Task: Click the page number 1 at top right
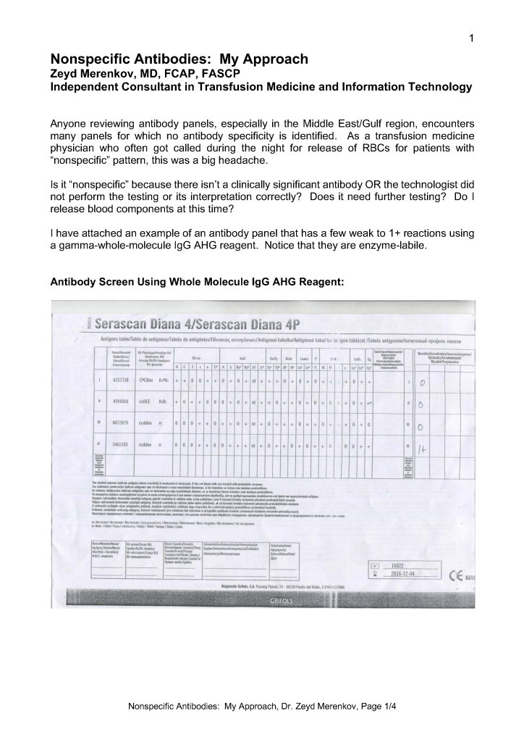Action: click(x=471, y=38)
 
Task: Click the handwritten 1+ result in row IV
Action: click(x=425, y=449)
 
